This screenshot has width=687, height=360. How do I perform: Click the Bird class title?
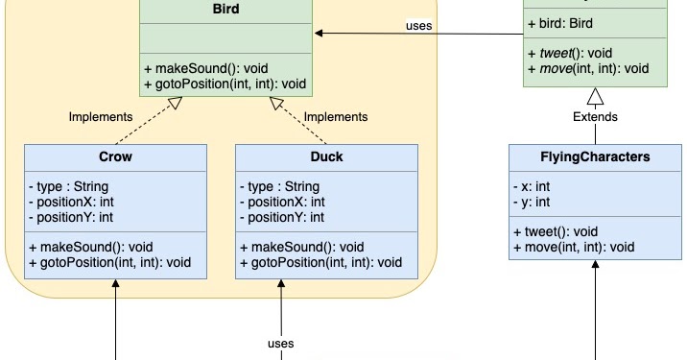(225, 9)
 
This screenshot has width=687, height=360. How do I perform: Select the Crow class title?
(115, 156)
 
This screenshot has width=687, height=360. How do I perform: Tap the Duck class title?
(326, 156)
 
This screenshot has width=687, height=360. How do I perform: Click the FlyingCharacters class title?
(595, 156)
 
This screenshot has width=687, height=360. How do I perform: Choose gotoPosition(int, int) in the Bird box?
(225, 84)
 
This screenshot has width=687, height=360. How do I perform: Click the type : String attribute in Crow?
(68, 185)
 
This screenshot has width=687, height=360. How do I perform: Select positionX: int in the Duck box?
(282, 202)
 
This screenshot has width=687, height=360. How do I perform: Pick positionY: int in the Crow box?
(71, 218)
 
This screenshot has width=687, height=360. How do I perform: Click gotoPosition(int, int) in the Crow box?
(110, 262)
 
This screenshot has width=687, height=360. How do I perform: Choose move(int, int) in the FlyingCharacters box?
(581, 247)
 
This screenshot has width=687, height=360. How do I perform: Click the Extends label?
(595, 117)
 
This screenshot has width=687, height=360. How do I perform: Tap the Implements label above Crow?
(101, 117)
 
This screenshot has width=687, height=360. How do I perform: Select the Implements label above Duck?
(336, 117)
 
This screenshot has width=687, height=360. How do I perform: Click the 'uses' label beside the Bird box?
(419, 25)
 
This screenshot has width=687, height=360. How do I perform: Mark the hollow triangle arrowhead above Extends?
(595, 96)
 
